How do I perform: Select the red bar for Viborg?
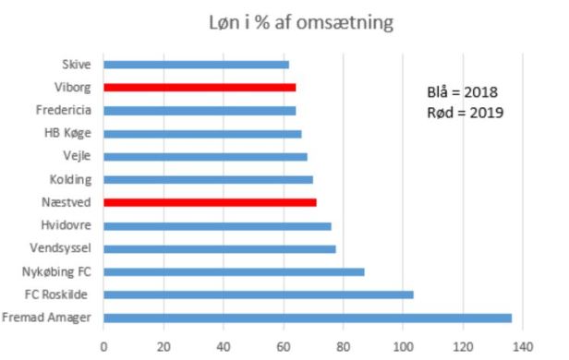200,88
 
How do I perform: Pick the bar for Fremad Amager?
307,318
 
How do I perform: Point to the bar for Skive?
196,65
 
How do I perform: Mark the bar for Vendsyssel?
219,249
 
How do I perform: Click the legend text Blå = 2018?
466,92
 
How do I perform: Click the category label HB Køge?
69,133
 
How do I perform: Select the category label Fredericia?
65,110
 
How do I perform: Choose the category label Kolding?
69,179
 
